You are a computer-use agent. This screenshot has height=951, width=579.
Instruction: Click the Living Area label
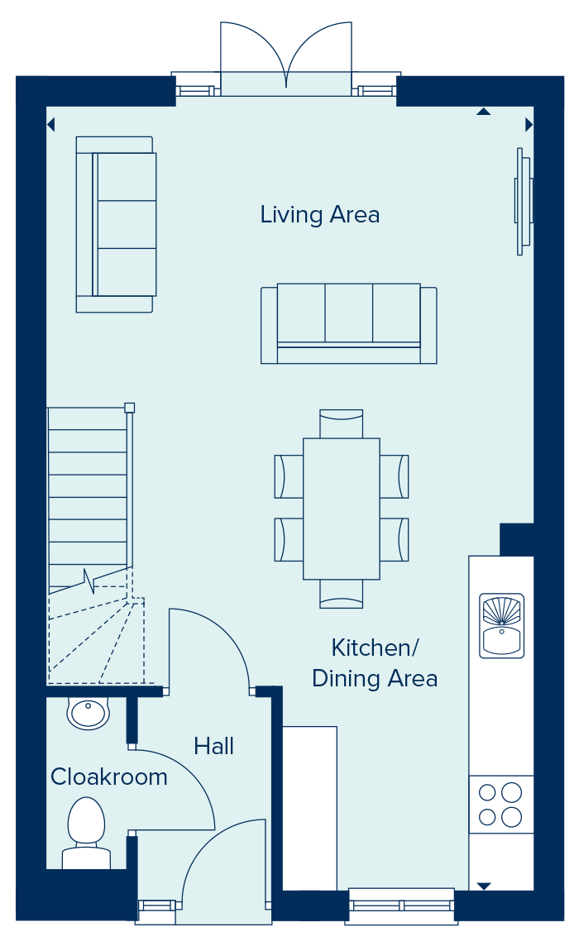(320, 215)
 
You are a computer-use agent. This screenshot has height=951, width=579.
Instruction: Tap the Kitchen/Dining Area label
(375, 663)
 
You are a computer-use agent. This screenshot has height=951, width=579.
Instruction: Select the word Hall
(213, 746)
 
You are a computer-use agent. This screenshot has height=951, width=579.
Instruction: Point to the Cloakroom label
(108, 777)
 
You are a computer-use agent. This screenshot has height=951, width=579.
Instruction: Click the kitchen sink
(501, 626)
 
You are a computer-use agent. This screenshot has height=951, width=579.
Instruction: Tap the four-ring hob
(500, 805)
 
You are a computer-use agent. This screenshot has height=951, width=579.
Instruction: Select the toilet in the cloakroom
(86, 833)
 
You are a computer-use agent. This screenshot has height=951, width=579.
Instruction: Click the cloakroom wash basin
(88, 713)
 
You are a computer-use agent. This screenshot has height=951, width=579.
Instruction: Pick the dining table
(341, 509)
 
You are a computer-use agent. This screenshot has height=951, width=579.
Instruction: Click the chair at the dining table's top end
(341, 423)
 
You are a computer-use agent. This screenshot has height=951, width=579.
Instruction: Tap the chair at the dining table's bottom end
(341, 594)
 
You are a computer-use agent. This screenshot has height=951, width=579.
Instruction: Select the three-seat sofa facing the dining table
(349, 323)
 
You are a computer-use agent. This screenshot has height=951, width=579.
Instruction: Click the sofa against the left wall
(115, 224)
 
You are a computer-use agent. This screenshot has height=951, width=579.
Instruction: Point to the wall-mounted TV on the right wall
(524, 201)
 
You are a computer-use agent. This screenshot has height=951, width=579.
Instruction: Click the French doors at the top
(286, 59)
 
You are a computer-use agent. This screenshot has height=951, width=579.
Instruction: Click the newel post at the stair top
(129, 408)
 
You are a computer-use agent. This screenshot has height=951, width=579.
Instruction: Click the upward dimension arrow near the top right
(483, 112)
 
